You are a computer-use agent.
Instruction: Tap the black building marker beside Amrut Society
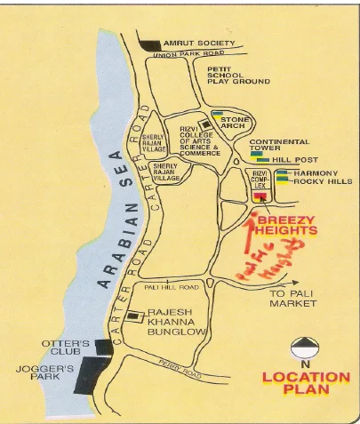coord(150,44)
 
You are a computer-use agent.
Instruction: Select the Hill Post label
coord(295,160)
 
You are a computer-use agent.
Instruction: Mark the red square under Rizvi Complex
coord(260,196)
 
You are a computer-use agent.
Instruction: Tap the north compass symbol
coord(305,348)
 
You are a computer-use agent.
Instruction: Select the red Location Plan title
coord(304,383)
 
